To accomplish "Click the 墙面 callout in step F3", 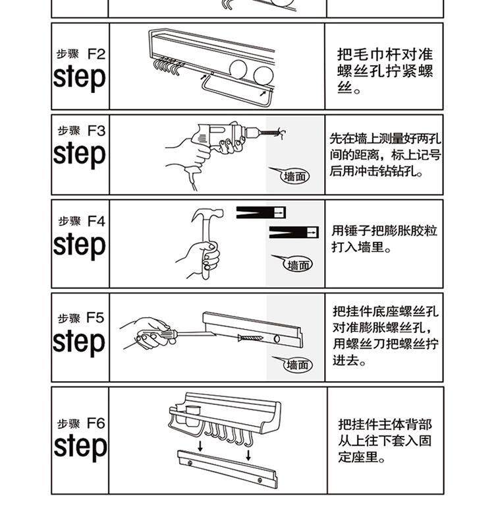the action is pyautogui.click(x=296, y=176).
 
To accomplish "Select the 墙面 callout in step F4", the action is pyautogui.click(x=298, y=265).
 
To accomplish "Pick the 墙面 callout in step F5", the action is pyautogui.click(x=297, y=365).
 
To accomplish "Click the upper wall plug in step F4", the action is pyautogui.click(x=261, y=212).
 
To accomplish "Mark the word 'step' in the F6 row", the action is pyautogui.click(x=80, y=446).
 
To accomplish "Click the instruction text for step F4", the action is pyautogui.click(x=384, y=239).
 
